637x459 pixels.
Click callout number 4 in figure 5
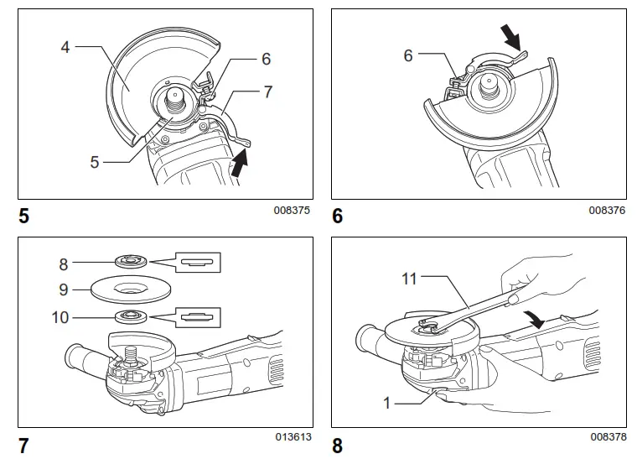pyautogui.click(x=65, y=48)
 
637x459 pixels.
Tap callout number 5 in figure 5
pyautogui.click(x=95, y=162)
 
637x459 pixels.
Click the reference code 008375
pyautogui.click(x=291, y=211)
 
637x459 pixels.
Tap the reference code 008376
pyautogui.click(x=607, y=211)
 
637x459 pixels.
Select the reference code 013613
pyautogui.click(x=291, y=437)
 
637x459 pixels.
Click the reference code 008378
pyautogui.click(x=607, y=437)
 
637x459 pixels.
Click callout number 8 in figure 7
pyautogui.click(x=64, y=263)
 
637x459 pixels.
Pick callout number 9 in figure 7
pyautogui.click(x=64, y=290)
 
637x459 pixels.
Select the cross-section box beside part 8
pyautogui.click(x=197, y=263)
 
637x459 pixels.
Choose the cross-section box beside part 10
pyautogui.click(x=197, y=318)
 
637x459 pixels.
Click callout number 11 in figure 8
pyautogui.click(x=409, y=278)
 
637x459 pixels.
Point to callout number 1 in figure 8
pyautogui.click(x=387, y=403)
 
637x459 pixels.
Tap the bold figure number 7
pyautogui.click(x=24, y=446)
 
